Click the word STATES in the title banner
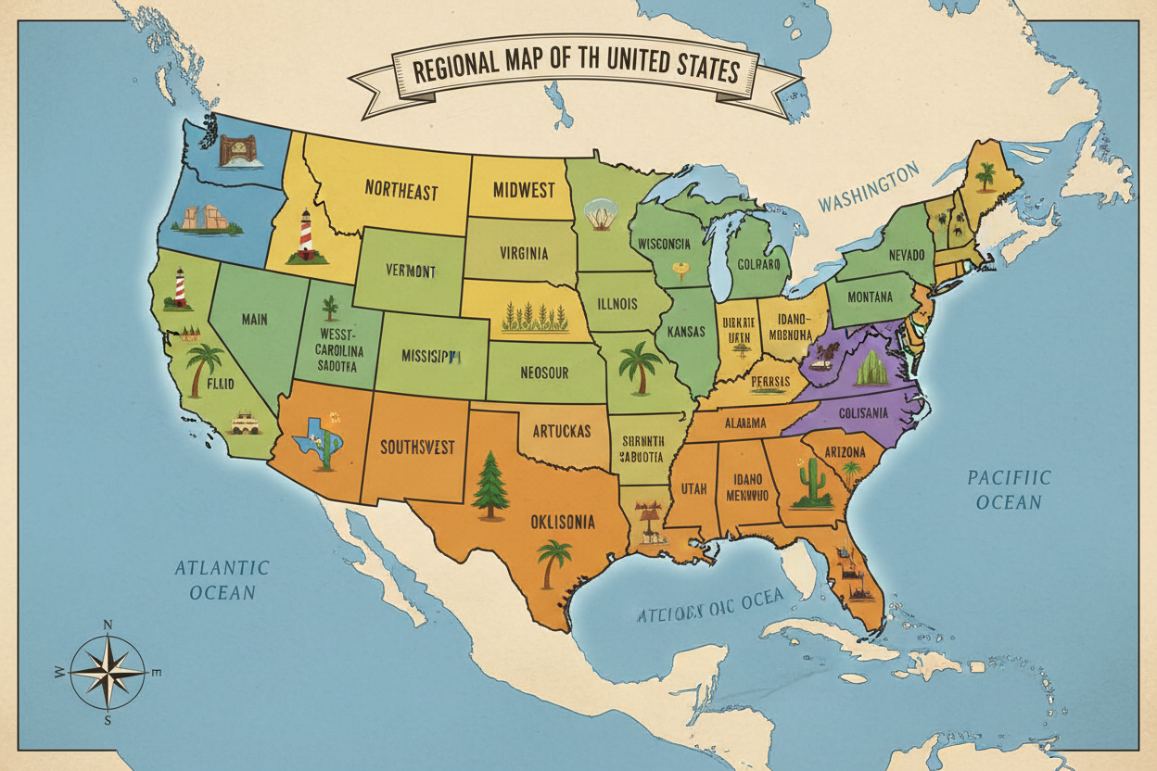coord(687,71)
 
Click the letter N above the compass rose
coord(107,625)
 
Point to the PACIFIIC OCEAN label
coord(1010,489)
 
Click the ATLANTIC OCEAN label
coord(222,579)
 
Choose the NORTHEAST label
coord(400,191)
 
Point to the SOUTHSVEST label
coord(417,448)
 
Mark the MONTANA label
coord(861,297)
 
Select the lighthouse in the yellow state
coord(303,237)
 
